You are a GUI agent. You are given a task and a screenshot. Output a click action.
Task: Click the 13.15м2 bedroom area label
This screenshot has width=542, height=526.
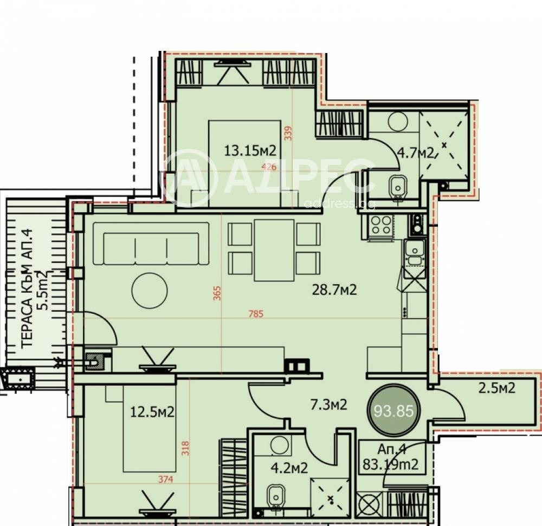pos(250,150)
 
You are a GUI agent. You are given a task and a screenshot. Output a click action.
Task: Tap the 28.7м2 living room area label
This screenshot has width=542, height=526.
pos(334,290)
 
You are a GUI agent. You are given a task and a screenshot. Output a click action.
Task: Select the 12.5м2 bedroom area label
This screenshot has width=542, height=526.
pos(152,412)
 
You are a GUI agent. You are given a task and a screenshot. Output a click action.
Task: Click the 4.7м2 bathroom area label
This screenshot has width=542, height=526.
pos(417,152)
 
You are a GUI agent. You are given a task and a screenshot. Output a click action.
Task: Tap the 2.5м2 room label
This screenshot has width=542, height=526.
pos(496,387)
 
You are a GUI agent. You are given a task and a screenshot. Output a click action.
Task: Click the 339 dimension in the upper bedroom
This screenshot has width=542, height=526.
pos(288,133)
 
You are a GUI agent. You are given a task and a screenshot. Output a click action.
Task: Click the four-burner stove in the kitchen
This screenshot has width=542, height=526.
pos(381,225)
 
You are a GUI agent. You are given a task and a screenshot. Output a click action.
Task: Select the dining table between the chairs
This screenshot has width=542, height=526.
pos(274,250)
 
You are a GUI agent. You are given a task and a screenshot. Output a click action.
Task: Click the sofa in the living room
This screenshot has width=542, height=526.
pos(151,244)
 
